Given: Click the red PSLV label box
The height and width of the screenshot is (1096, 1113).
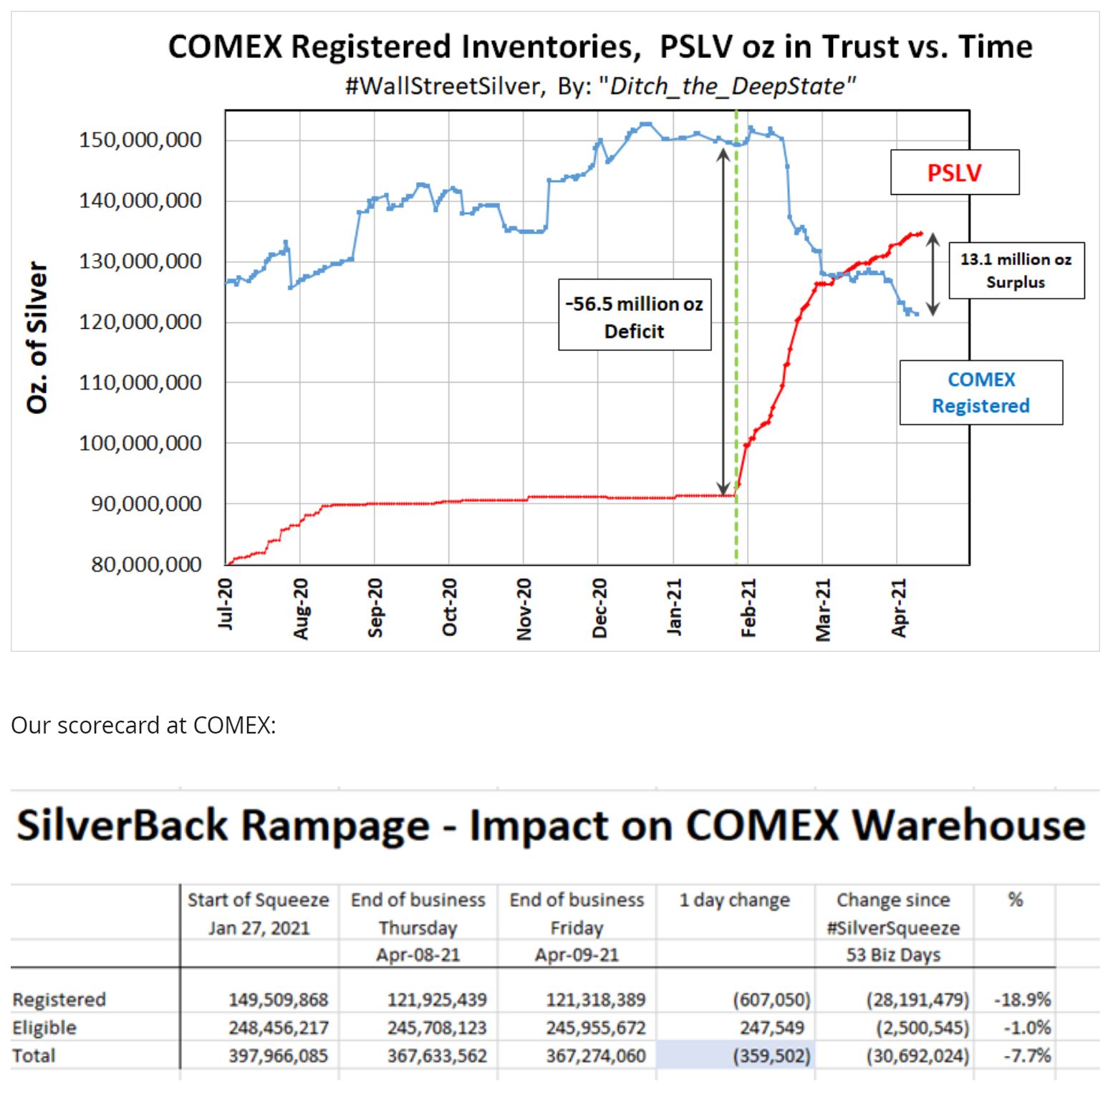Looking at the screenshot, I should pos(954,173).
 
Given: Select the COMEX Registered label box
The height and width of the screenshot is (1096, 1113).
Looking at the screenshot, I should pos(980,393).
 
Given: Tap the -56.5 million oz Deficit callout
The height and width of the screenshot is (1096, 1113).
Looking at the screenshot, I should pos(635,316).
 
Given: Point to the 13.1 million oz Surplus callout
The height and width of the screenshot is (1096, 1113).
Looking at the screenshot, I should pos(1016,270).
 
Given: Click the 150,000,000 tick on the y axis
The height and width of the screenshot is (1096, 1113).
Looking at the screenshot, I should pos(140,140).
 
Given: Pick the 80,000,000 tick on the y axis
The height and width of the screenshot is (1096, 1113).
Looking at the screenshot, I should pos(146,564).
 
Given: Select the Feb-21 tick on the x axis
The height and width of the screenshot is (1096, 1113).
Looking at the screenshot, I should pos(748,607).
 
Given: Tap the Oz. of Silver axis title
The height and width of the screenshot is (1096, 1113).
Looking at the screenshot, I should pos(37,337).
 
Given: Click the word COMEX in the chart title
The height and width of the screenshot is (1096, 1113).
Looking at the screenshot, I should pos(226,47).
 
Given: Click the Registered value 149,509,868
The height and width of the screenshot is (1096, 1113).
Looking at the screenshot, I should pos(278,999).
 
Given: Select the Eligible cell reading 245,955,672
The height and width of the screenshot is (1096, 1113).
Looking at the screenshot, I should pos(595,1028).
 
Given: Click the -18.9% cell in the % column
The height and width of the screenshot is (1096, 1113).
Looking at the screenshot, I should pos(1022,999).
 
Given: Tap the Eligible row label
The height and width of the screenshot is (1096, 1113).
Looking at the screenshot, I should pos(44,1028).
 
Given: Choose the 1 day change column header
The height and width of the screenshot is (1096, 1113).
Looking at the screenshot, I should pos(734,900).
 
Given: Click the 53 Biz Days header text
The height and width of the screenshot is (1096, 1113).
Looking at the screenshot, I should pos(893,955).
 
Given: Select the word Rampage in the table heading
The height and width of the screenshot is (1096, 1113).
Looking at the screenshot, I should pos(335,825).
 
